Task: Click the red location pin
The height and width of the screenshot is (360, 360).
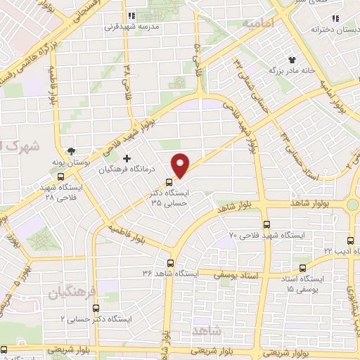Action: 181,165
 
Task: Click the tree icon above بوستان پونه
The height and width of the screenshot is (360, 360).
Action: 71,151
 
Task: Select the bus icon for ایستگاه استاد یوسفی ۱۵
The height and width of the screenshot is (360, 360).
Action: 302,267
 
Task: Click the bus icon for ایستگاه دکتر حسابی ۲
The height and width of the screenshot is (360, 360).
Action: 96,307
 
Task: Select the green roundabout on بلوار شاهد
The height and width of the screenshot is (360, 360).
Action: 352,204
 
